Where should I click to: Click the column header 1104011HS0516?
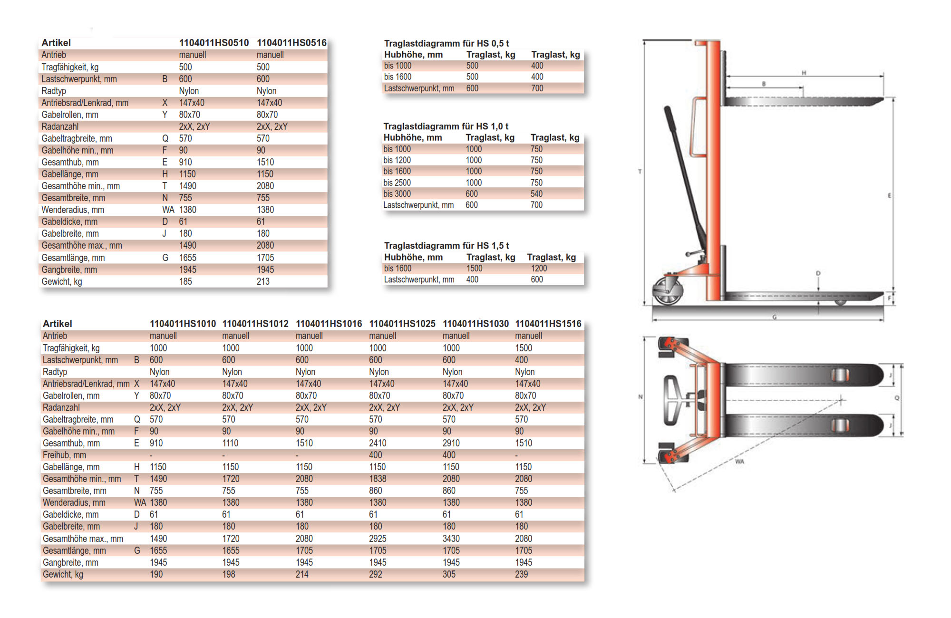[291, 43]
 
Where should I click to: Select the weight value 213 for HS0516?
[263, 281]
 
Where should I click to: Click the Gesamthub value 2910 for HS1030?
[451, 443]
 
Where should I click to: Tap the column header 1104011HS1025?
[402, 324]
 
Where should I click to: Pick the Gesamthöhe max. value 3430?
[451, 539]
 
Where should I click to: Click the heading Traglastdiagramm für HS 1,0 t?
[446, 126]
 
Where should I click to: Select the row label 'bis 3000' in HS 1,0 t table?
[397, 194]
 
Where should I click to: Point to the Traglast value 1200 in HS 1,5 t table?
[539, 269]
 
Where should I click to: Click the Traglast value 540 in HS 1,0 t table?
[536, 194]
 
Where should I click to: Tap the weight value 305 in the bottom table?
[449, 574]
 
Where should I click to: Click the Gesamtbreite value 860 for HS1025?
[375, 491]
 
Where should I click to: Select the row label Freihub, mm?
[64, 455]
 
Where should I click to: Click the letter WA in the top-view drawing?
[739, 462]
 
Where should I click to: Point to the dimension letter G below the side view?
[774, 317]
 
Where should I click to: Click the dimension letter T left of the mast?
[640, 172]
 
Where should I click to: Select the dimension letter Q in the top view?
[897, 398]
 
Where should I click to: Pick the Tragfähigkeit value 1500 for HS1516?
[524, 348]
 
